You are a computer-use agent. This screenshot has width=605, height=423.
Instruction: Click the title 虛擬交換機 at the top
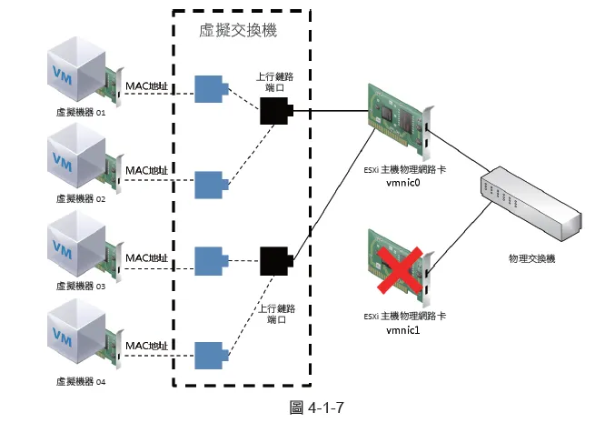(x=237, y=31)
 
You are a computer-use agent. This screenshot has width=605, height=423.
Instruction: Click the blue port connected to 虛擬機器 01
(x=212, y=89)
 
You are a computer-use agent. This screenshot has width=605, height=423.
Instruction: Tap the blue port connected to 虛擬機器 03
(x=212, y=261)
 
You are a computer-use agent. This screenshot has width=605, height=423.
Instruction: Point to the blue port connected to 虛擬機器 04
(x=212, y=355)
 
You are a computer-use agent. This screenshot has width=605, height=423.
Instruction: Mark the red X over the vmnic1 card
(x=398, y=271)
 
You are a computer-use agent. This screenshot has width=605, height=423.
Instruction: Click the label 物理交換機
(x=531, y=259)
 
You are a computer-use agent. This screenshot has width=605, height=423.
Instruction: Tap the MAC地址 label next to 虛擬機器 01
(x=146, y=86)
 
